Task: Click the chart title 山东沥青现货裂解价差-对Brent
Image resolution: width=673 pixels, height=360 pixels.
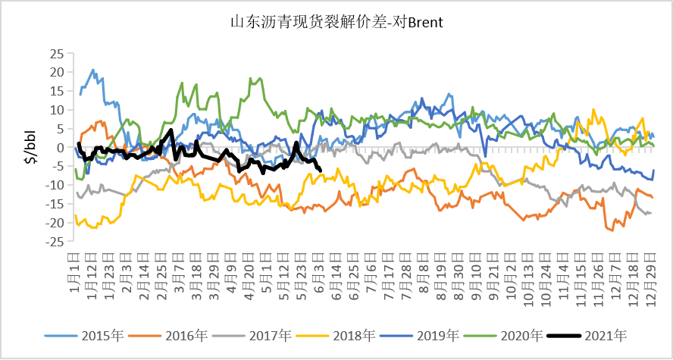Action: point(336,22)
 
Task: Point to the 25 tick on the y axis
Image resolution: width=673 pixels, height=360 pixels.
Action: point(58,54)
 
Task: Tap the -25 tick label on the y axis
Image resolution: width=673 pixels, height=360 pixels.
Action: point(55,242)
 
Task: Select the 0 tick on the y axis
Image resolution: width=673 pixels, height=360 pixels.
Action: point(61,148)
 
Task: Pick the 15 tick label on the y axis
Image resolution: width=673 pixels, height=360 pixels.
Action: point(58,91)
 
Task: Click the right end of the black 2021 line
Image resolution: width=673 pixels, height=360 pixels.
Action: point(320,170)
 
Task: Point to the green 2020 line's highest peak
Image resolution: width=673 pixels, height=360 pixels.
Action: point(260,78)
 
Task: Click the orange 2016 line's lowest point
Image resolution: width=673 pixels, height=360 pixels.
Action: point(612,230)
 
